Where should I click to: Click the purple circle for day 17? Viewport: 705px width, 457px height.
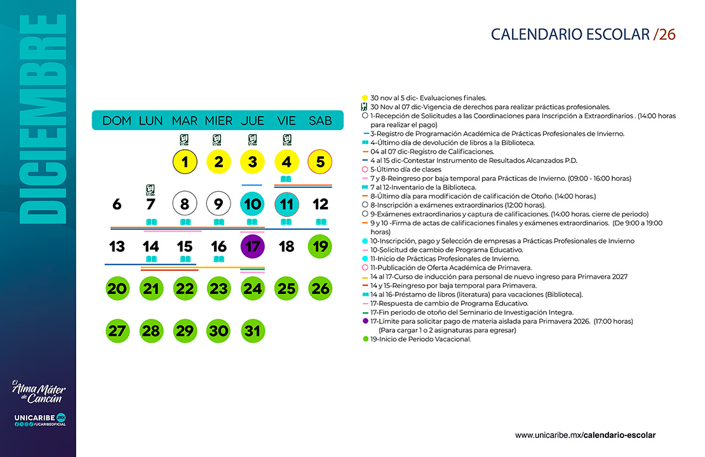click(x=253, y=246)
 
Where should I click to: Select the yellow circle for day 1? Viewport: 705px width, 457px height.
click(x=185, y=162)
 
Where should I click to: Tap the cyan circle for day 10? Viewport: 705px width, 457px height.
click(x=253, y=204)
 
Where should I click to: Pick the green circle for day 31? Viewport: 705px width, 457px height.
click(x=253, y=331)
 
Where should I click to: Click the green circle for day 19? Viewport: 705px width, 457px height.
click(x=320, y=246)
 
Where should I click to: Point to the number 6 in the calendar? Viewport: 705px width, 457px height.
click(x=117, y=204)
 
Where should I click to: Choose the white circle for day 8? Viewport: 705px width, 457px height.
click(x=185, y=204)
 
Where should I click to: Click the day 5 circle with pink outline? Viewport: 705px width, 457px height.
click(x=320, y=162)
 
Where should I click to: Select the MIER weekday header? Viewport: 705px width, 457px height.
click(x=218, y=121)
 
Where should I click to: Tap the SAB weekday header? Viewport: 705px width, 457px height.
click(x=320, y=121)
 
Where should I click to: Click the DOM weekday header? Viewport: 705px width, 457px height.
click(x=117, y=121)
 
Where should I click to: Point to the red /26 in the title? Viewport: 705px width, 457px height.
click(x=664, y=34)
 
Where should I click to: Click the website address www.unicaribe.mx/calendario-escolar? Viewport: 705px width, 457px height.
click(x=585, y=435)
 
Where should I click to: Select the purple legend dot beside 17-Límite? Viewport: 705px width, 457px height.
click(x=365, y=322)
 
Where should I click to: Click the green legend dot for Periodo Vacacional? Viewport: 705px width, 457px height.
click(x=365, y=339)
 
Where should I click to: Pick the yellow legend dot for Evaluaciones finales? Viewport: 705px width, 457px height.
click(x=365, y=98)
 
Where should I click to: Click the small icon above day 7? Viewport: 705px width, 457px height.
click(x=151, y=189)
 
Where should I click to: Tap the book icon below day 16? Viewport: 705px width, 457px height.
click(x=218, y=259)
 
